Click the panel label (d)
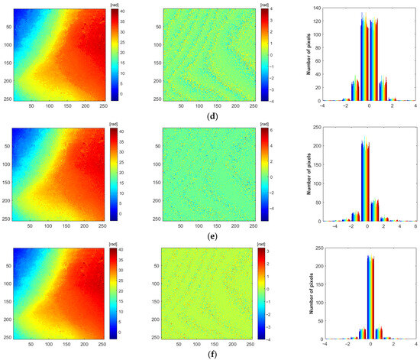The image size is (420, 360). coord(210,115)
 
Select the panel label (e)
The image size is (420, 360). coord(210,237)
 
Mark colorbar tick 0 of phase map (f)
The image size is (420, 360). coord(117,334)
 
